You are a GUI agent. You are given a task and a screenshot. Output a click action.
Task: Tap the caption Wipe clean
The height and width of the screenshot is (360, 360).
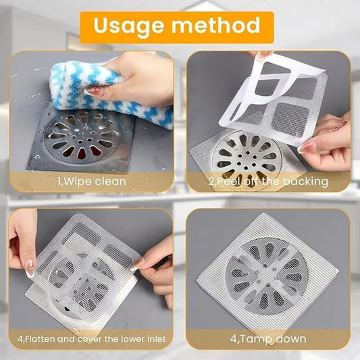pos(91,181)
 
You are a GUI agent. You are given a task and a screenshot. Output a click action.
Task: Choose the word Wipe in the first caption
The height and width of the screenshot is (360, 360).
pos(72,181)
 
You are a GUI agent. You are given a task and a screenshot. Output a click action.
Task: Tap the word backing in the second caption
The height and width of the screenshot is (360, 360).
pos(308,181)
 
